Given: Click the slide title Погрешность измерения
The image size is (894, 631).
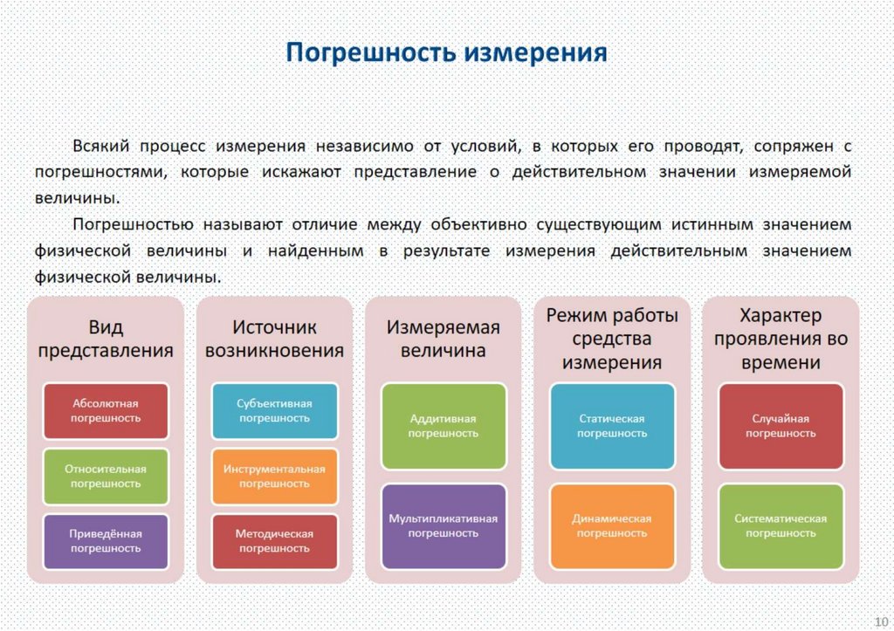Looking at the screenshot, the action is [447, 52].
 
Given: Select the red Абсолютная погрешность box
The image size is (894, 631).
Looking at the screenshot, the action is [106, 410].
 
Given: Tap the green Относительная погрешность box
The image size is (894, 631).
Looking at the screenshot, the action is [106, 476].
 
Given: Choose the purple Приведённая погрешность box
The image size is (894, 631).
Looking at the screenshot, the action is [106, 540].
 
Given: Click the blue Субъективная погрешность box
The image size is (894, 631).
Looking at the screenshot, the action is [274, 410].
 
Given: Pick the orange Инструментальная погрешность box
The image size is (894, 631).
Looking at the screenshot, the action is [274, 476].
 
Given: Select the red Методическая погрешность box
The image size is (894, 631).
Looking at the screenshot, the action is [274, 540].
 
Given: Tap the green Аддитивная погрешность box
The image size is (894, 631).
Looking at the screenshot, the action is [444, 426].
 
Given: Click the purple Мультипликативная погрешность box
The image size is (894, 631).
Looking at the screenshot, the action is [444, 525].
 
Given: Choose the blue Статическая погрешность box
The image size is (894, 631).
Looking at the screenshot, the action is [612, 426].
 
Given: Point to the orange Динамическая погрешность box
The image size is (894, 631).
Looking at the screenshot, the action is [612, 525].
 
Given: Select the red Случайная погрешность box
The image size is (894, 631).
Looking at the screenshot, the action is [781, 426].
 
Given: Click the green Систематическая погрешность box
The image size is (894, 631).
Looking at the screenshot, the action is [781, 525].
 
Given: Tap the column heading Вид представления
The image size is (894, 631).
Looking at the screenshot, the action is [106, 340].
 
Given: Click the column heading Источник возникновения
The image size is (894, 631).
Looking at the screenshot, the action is [274, 340].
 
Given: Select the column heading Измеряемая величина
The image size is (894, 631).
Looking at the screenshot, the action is [444, 340].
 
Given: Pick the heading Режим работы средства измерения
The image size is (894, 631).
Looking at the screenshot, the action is [612, 339].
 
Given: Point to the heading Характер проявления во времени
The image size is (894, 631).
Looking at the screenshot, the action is [781, 339].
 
